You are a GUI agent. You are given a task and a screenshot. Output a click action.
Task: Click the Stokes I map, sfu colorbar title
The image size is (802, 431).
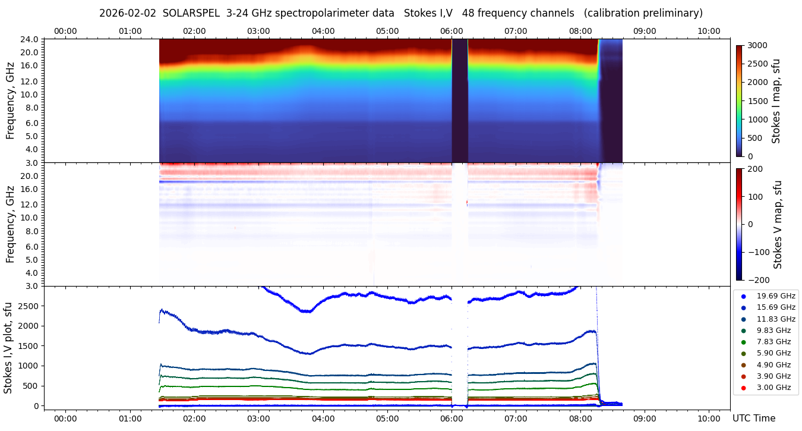[x=776, y=101]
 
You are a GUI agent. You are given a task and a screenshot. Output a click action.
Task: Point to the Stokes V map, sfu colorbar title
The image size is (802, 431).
[x=778, y=224]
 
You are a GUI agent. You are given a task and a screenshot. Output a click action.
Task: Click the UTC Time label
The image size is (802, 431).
[x=754, y=419]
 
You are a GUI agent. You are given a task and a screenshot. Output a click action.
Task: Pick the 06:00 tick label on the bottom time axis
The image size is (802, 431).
[x=451, y=419]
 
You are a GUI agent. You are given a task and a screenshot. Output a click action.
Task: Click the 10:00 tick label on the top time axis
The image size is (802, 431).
[x=709, y=31]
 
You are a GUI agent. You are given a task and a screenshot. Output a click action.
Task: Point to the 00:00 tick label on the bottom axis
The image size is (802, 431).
[x=65, y=419]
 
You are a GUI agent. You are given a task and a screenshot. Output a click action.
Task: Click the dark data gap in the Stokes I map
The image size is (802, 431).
[x=460, y=101]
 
